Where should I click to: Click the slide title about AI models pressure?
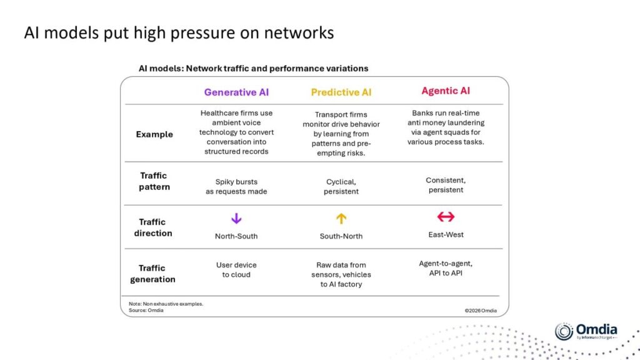tap(179, 33)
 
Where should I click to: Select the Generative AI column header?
tap(236, 92)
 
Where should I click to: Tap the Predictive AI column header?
tap(341, 92)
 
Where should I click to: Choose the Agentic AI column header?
tap(446, 91)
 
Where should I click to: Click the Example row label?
tap(154, 134)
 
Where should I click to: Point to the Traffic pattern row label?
tap(154, 181)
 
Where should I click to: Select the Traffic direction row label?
tap(152, 227)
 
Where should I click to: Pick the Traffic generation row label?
tap(152, 274)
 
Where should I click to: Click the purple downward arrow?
tap(236, 219)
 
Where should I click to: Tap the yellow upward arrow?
tap(341, 219)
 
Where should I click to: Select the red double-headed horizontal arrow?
tap(446, 217)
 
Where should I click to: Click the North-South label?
tap(236, 236)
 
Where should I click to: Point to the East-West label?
tap(446, 234)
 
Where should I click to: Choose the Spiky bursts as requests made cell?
tap(236, 186)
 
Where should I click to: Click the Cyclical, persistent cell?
tap(341, 186)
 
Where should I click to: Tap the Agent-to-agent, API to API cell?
tap(446, 268)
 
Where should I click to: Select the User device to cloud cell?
tap(236, 270)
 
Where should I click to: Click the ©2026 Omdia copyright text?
tap(481, 310)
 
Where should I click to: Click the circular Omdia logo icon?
tap(564, 332)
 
